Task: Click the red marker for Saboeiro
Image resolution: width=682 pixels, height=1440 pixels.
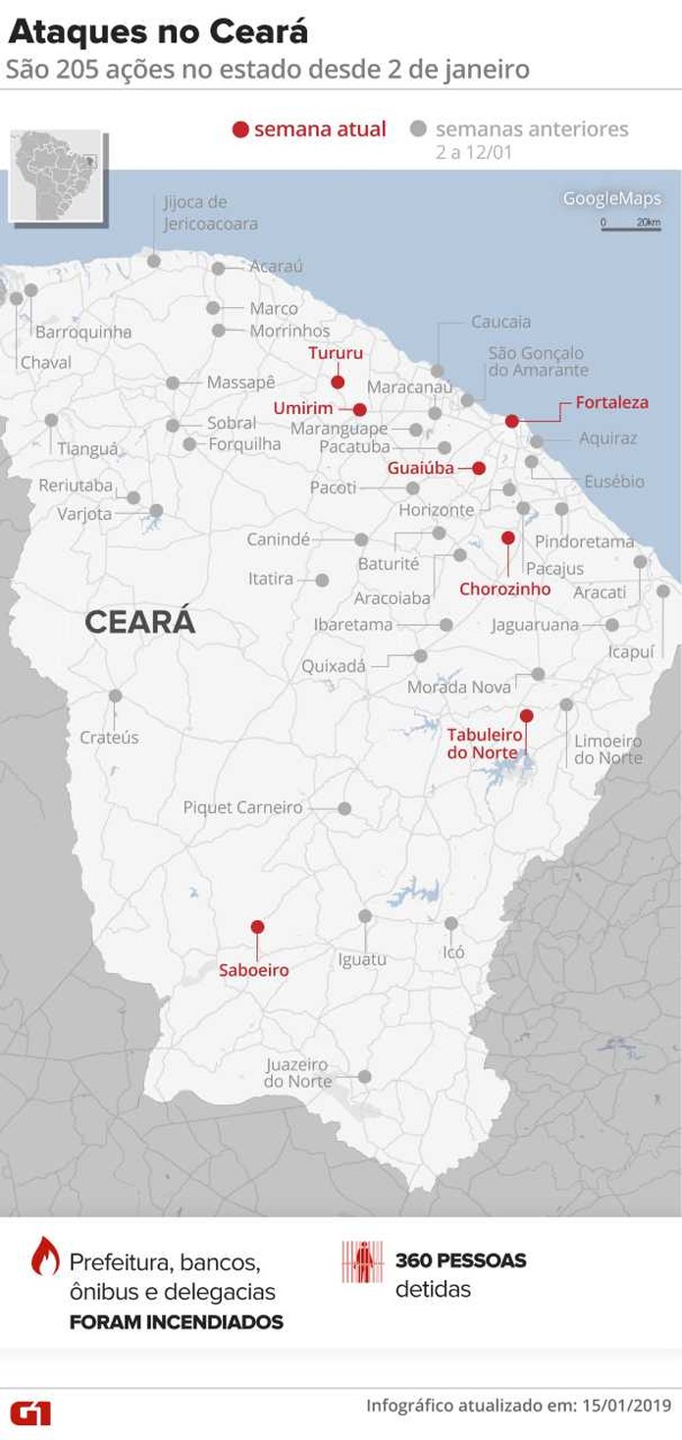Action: [257, 926]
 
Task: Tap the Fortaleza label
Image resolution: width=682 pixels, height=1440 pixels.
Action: [611, 402]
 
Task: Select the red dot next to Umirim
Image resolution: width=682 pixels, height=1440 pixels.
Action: [359, 410]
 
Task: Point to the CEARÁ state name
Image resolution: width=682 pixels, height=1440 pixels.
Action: [139, 622]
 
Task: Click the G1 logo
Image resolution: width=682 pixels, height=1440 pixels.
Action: [30, 1413]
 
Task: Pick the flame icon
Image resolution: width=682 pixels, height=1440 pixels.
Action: [45, 1256]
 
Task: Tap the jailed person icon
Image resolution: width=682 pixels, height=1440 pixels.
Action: [362, 1261]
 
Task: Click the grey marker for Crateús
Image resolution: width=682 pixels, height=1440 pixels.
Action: [116, 695]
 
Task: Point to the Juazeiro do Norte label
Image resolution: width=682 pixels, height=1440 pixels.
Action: [296, 1072]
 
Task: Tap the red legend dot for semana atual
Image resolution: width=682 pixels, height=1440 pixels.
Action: [240, 129]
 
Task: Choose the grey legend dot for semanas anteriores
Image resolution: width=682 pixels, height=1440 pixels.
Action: [419, 129]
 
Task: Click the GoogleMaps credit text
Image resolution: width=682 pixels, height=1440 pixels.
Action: [611, 199]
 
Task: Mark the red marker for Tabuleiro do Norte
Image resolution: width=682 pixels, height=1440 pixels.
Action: [526, 715]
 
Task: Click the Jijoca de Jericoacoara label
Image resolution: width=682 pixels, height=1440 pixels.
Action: [210, 213]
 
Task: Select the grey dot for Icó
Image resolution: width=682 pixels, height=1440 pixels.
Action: [451, 923]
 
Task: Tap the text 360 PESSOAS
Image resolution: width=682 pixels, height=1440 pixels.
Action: [460, 1260]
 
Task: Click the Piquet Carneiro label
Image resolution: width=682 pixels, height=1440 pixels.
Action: [242, 807]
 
